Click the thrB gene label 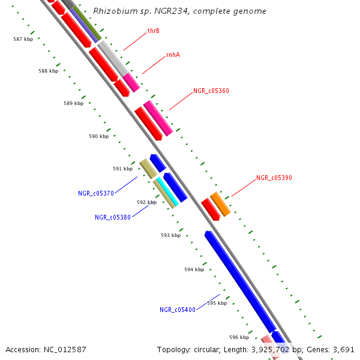click(154, 31)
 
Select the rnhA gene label click(173, 55)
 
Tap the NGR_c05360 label click(211, 91)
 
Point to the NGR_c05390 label click(274, 178)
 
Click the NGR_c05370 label click(96, 193)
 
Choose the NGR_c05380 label click(113, 217)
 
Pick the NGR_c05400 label click(178, 310)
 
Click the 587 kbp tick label click(23, 39)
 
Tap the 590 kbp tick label click(98, 136)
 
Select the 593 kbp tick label click(170, 235)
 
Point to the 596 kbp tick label click(239, 337)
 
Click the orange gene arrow click(220, 204)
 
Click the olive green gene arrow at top click(86, 23)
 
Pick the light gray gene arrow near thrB click(113, 58)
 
